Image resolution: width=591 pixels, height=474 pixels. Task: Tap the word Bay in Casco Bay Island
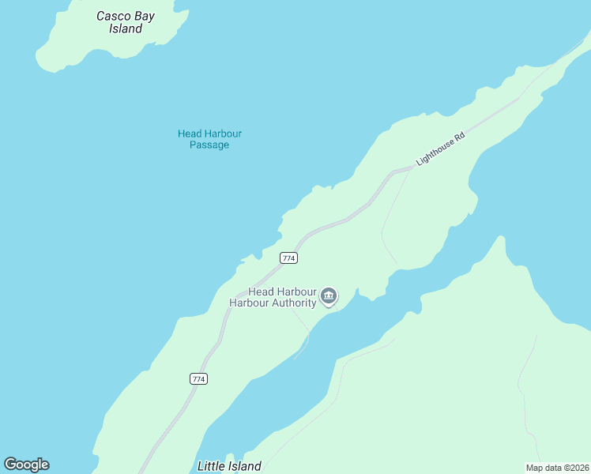coord(143,16)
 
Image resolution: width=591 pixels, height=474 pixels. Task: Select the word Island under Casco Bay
coord(126,29)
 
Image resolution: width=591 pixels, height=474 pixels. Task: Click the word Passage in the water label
coord(209,145)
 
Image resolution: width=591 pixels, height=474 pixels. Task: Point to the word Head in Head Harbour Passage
coord(189,134)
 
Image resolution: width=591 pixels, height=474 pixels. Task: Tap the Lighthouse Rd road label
coord(440,148)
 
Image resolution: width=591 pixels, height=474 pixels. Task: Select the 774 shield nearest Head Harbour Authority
coord(288,258)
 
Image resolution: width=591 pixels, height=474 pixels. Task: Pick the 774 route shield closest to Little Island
coord(198,379)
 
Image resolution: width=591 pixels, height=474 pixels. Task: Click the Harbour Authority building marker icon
coord(329,297)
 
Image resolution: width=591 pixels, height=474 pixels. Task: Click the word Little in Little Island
coord(211,466)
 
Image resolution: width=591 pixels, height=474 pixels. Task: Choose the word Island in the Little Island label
coord(244,466)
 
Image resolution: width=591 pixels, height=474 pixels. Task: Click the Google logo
coord(27,465)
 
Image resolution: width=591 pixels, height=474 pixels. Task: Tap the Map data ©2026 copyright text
coord(558,468)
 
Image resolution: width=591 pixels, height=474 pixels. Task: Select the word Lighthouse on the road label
coord(434,152)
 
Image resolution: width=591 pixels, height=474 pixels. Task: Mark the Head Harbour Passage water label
coord(209,139)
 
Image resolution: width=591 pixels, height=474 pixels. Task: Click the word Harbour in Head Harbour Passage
coord(223,134)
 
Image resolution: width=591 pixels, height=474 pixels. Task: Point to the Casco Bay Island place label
coord(126,22)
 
